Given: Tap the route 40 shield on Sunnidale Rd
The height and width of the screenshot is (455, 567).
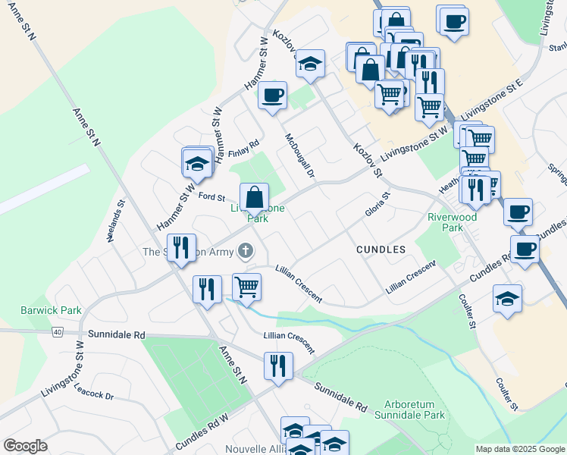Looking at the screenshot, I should coord(57,331).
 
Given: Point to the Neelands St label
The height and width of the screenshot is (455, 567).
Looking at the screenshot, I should coord(114,224).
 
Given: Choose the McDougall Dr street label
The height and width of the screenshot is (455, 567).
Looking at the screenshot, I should coord(299,155).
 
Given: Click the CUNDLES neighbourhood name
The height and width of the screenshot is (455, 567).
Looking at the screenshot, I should coord(381,249).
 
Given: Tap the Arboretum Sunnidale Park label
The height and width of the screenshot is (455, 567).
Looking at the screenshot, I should coord(414,409).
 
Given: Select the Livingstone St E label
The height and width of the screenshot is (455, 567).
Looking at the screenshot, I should coord(494,99).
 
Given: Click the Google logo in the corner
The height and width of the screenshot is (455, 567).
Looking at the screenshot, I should coord(25,446).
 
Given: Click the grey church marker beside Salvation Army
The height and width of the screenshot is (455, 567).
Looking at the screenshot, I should coord(245,250).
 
